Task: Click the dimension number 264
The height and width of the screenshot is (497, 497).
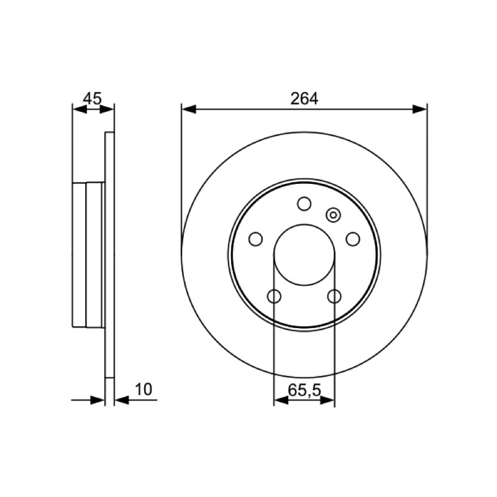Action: [304, 99]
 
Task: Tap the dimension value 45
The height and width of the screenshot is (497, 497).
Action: [92, 99]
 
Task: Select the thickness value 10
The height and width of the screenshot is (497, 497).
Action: [144, 390]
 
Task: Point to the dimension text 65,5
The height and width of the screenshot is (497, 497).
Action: [304, 390]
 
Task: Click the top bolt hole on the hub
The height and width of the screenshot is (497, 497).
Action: [304, 204]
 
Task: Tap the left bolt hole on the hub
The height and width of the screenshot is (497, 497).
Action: [255, 239]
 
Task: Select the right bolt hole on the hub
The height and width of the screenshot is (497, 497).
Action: [353, 239]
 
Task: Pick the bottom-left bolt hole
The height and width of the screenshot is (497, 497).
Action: [274, 296]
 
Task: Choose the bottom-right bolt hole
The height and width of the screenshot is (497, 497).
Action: [334, 296]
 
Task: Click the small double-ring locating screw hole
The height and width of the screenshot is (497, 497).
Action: [333, 215]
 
